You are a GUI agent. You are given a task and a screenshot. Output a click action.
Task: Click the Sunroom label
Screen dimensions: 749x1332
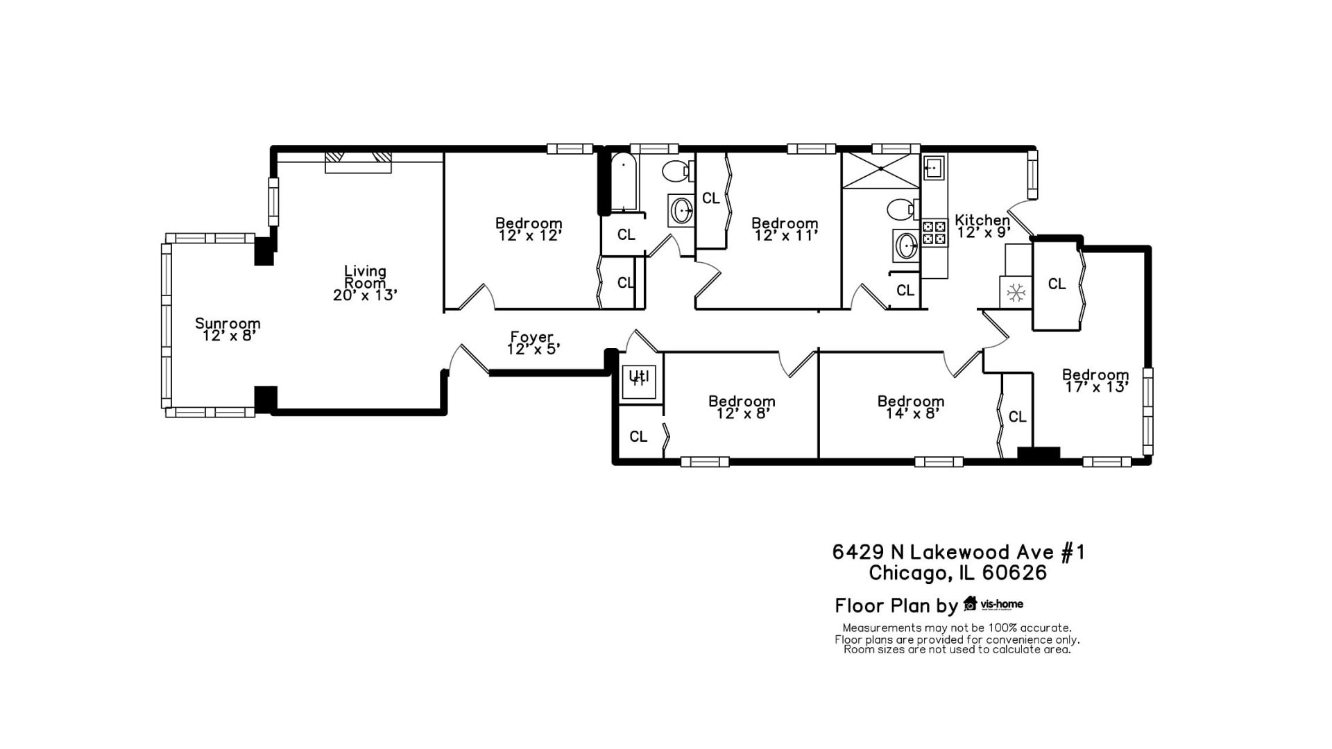228,329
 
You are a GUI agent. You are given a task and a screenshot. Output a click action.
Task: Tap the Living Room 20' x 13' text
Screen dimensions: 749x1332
365,283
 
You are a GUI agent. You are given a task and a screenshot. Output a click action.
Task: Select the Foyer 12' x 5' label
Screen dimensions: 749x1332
533,343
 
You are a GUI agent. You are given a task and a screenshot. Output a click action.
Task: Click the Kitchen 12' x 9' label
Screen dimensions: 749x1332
982,226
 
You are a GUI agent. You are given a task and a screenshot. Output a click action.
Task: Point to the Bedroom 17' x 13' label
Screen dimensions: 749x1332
1095,381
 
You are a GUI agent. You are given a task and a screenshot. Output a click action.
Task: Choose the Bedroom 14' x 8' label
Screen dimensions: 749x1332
911,407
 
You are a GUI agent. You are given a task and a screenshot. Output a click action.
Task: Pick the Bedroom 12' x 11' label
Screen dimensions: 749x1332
785,230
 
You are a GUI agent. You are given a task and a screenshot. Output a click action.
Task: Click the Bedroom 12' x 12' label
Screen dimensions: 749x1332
529,230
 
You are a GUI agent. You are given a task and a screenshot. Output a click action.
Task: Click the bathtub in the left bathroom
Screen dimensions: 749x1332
624,182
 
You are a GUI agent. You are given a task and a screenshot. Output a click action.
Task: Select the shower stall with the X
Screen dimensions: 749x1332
880,169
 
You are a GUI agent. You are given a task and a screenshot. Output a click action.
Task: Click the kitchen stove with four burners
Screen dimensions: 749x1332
934,233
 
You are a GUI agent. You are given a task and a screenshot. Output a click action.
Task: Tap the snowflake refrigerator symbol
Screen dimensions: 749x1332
1016,293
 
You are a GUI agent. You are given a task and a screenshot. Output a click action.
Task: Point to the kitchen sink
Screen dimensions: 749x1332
934,167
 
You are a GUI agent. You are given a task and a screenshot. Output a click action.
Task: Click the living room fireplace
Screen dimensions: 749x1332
359,162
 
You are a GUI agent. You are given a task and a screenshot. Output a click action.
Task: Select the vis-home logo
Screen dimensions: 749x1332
993,604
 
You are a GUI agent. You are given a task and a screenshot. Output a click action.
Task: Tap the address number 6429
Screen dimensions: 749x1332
858,552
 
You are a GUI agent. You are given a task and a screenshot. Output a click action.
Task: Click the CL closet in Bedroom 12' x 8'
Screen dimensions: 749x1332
638,436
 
